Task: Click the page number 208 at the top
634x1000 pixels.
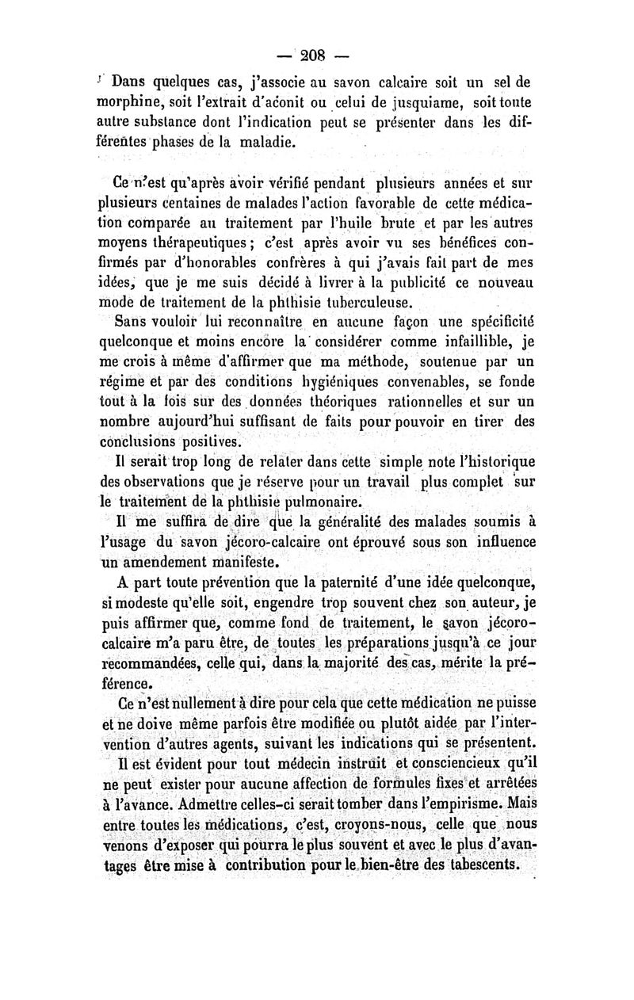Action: pyautogui.click(x=316, y=57)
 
